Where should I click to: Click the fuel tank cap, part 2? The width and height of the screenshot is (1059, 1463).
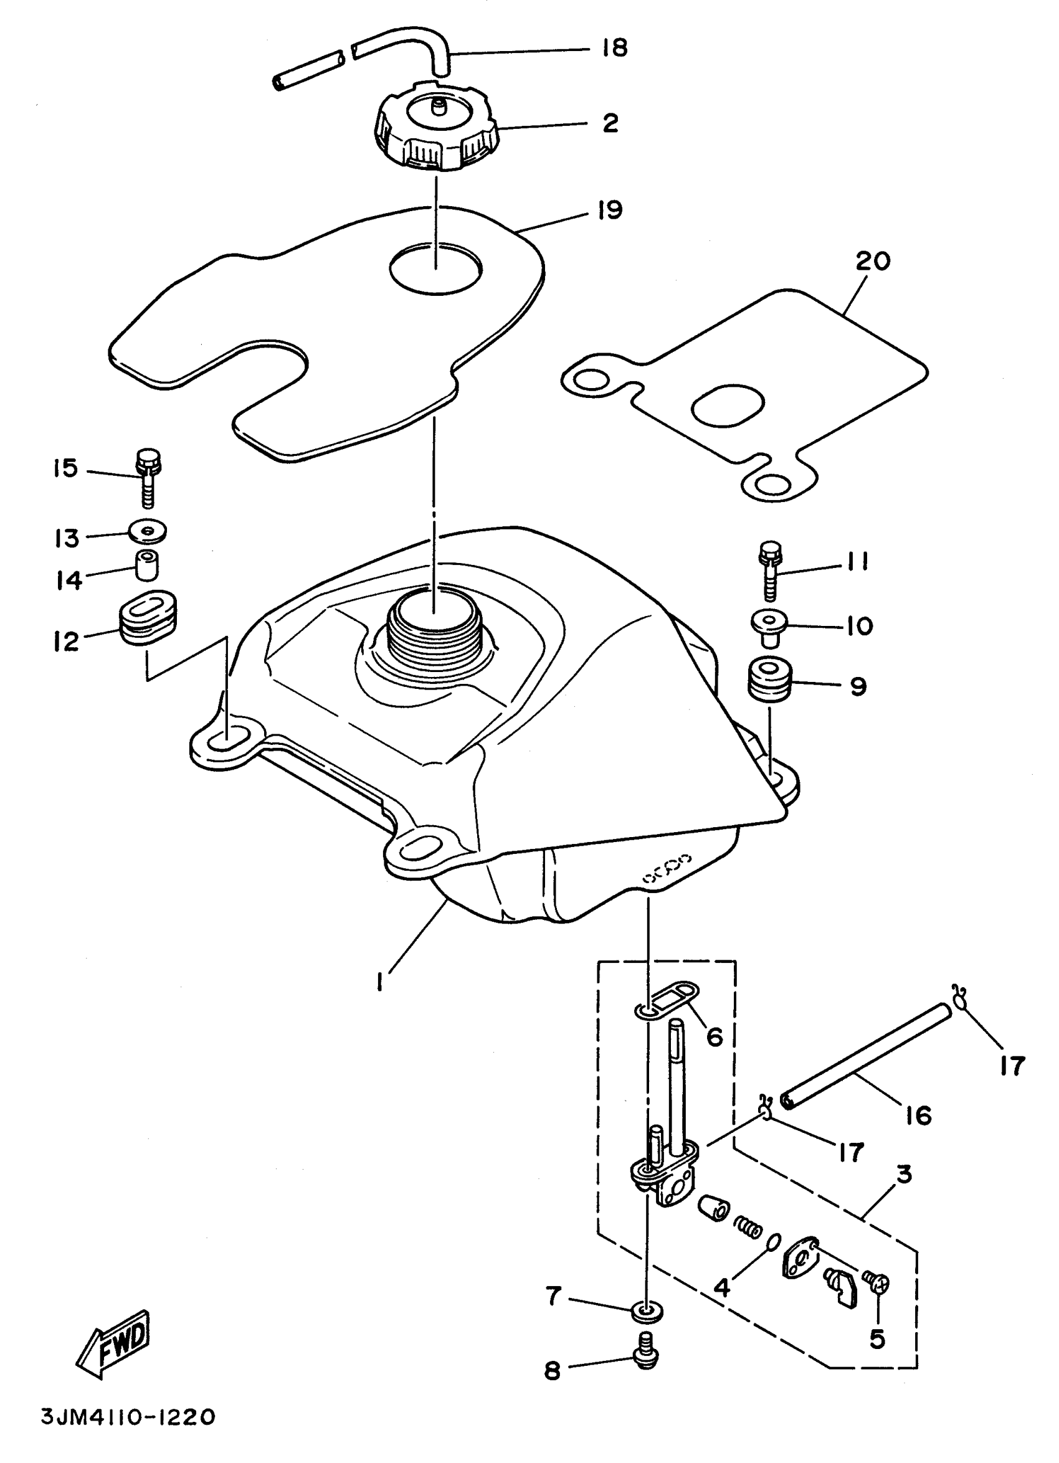click(435, 129)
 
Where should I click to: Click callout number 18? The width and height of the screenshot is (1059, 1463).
click(615, 48)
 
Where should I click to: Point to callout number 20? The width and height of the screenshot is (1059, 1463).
click(873, 261)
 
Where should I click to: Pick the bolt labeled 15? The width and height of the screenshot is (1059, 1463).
click(148, 476)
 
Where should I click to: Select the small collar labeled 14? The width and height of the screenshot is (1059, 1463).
click(147, 565)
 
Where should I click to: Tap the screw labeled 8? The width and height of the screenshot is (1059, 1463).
click(646, 1360)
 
